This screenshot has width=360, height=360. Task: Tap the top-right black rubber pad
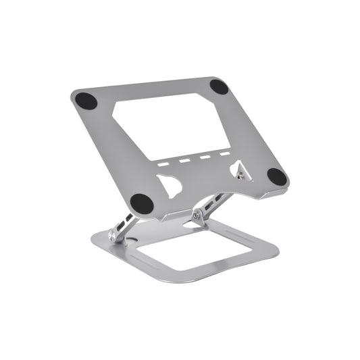[218, 86]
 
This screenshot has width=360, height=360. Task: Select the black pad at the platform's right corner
[277, 177]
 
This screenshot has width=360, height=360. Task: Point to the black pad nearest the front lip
[141, 201]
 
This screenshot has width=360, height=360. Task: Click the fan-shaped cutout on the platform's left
[170, 185]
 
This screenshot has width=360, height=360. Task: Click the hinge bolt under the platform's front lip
[197, 215]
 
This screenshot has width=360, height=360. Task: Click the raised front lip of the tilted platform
[203, 206]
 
